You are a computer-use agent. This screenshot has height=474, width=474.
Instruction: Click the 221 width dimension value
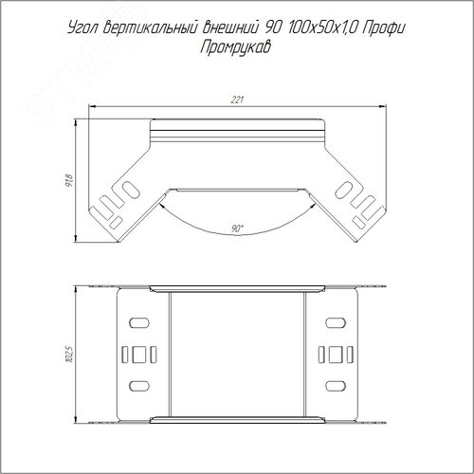click(x=237, y=100)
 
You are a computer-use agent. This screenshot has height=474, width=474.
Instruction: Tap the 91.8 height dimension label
click(x=69, y=180)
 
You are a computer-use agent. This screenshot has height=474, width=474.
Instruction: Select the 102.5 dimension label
click(x=69, y=354)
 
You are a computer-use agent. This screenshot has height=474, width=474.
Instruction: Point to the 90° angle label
click(x=237, y=228)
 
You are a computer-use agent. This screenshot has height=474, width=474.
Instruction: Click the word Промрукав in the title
click(x=235, y=47)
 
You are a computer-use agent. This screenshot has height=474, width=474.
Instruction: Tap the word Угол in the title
click(x=83, y=28)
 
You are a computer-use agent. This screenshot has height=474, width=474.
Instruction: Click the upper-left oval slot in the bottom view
click(x=139, y=322)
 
